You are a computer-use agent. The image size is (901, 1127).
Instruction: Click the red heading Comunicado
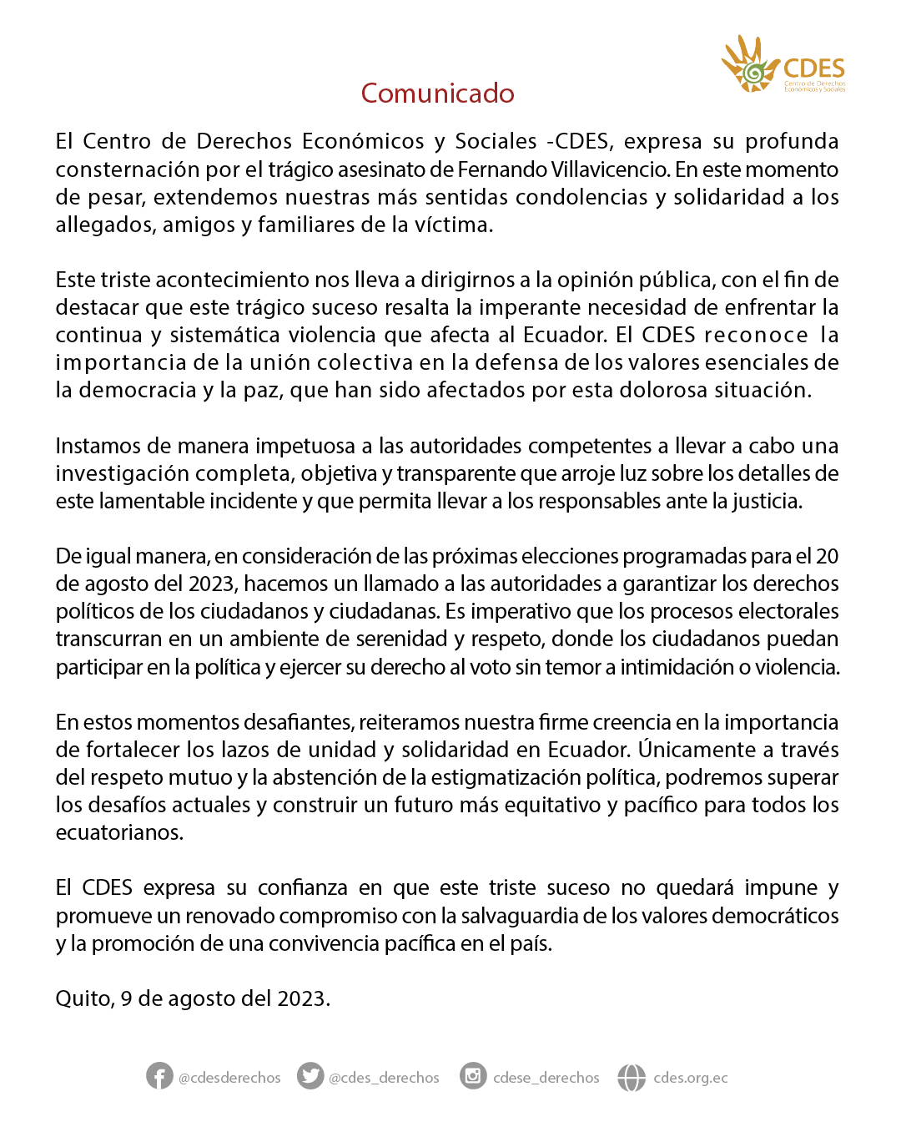point(437,93)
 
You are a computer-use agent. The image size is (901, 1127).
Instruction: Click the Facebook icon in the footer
point(159,1076)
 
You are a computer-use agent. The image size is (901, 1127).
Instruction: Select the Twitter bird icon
point(310,1076)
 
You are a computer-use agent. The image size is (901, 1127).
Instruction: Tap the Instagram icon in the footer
point(473,1076)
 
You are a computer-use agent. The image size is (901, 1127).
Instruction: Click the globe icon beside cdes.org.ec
point(632,1077)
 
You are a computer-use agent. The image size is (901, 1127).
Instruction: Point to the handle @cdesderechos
point(229,1078)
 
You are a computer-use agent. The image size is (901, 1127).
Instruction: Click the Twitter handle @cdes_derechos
point(384,1078)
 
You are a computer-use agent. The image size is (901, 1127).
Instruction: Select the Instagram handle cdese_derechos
point(546,1078)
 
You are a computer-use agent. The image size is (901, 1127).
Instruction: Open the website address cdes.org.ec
point(690,1078)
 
